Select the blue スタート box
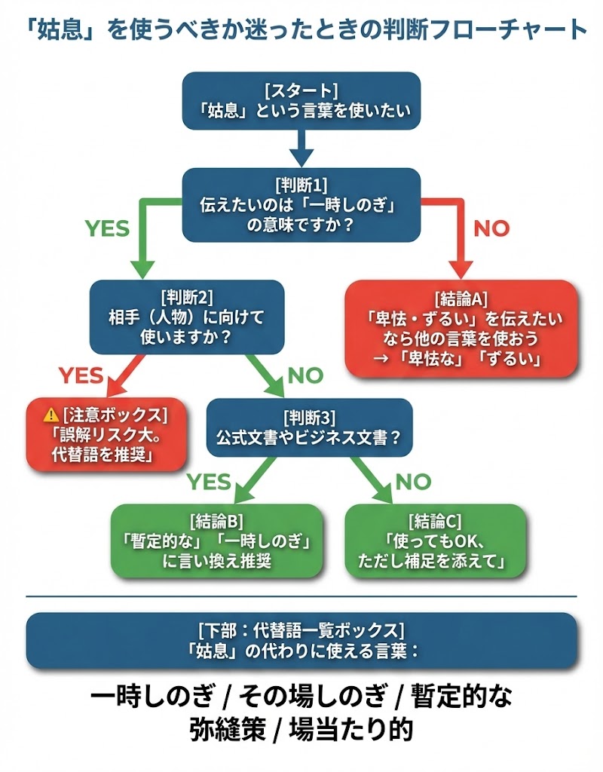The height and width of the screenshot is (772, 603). (301, 100)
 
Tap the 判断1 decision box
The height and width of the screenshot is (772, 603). (301, 204)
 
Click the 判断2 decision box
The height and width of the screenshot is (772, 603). (186, 317)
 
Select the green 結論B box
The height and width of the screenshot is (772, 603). (217, 541)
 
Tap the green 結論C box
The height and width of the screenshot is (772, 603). (434, 541)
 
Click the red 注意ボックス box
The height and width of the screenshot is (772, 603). (106, 434)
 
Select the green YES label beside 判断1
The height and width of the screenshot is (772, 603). (107, 228)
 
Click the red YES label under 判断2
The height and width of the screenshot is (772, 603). (81, 375)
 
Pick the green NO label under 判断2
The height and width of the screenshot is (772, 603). (305, 375)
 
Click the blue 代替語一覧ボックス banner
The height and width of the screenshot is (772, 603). (301, 640)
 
